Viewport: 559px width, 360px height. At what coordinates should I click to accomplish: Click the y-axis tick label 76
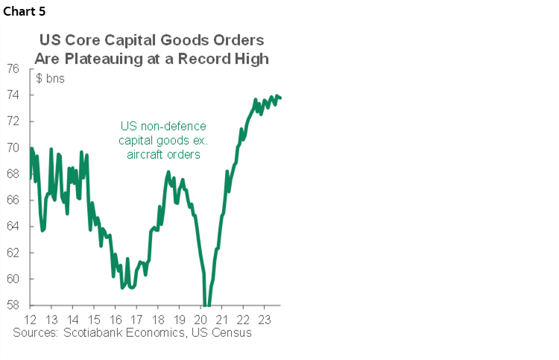click(x=13, y=69)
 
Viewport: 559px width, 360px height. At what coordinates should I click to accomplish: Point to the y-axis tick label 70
click(x=13, y=148)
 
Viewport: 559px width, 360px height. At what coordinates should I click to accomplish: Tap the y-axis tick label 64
click(x=13, y=227)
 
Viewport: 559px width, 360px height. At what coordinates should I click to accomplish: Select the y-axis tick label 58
click(x=13, y=306)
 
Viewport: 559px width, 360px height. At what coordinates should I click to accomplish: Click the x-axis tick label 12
click(x=31, y=318)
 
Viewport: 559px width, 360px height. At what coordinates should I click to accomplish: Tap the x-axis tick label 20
click(x=199, y=318)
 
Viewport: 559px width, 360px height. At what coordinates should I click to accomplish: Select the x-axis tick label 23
click(x=262, y=318)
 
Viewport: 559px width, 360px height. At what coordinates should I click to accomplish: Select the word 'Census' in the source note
click(x=233, y=332)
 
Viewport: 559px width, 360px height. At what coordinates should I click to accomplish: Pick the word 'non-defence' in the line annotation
click(x=174, y=126)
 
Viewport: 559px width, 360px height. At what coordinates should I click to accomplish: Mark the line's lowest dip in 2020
click(x=207, y=305)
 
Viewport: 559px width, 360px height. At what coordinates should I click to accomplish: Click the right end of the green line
click(x=280, y=98)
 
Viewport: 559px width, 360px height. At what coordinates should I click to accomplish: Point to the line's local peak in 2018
click(x=168, y=173)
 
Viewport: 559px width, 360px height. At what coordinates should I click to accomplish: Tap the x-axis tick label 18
click(x=158, y=318)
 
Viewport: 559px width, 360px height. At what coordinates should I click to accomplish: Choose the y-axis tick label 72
click(x=13, y=121)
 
